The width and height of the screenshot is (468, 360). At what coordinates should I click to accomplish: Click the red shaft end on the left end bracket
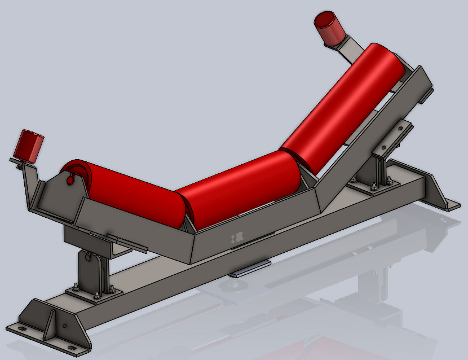pos(70,180)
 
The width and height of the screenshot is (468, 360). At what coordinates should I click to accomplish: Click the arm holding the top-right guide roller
pos(350,47)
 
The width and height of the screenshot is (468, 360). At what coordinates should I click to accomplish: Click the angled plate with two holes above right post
pos(395,135)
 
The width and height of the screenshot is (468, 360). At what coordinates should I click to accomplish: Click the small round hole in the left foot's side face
pos(65,326)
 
